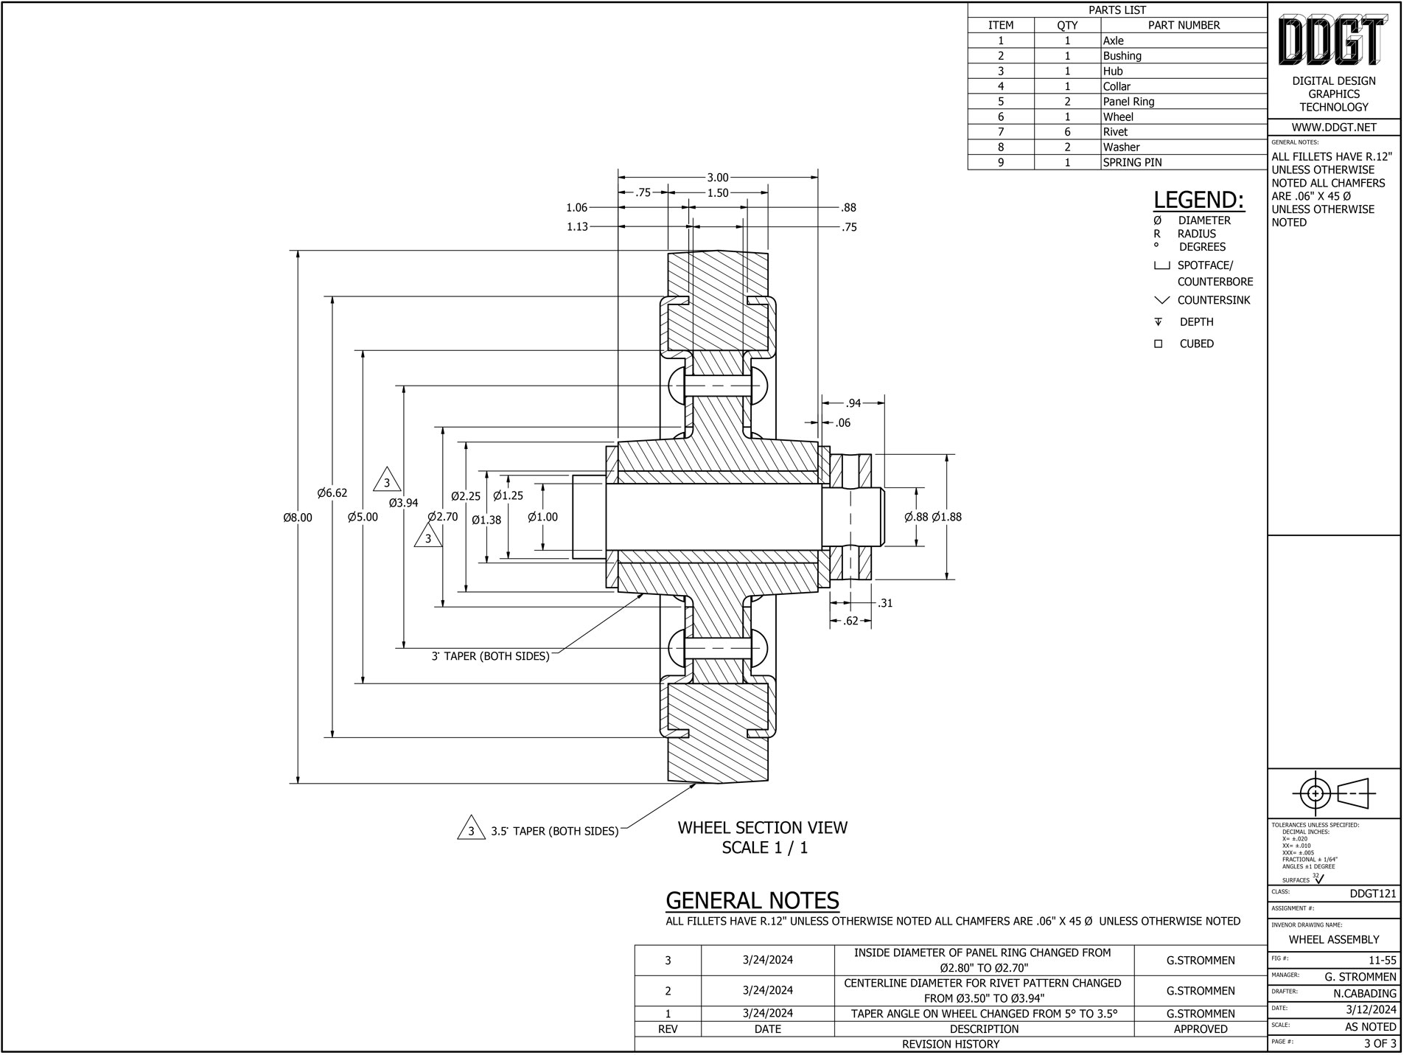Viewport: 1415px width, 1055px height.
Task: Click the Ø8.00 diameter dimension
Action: [298, 518]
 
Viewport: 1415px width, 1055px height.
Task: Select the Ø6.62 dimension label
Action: [332, 493]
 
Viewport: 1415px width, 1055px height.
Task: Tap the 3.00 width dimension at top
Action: [717, 178]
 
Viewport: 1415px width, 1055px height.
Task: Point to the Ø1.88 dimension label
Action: [946, 518]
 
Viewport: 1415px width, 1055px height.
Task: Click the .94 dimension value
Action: [853, 403]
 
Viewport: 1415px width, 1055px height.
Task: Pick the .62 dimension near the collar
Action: [850, 621]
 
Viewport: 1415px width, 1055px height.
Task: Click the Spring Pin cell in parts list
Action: [1132, 162]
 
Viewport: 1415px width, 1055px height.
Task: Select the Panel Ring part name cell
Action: [1128, 102]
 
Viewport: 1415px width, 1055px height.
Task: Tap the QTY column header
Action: [1066, 25]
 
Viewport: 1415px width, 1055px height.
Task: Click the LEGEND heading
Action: [1198, 200]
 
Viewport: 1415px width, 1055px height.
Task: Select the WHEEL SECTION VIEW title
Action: [762, 828]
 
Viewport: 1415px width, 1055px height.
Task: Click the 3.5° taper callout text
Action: [554, 832]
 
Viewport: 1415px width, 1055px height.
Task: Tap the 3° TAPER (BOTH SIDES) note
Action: [490, 656]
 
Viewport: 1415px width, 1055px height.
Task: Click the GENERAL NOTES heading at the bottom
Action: [752, 901]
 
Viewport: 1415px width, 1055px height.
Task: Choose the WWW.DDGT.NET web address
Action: [1333, 128]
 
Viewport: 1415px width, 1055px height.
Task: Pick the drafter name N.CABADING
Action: [1364, 993]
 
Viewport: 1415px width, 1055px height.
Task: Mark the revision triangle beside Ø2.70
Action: [427, 538]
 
